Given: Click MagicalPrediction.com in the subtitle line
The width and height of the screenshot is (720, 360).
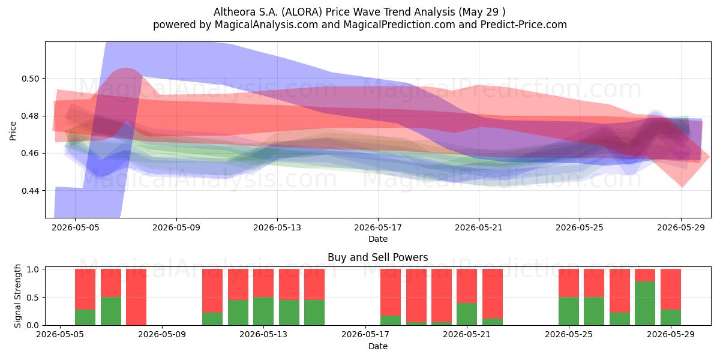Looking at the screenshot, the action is coord(399,25).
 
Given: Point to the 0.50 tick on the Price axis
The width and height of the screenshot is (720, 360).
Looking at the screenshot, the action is coord(30,79).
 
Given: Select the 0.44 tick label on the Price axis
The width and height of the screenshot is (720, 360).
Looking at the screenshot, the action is coord(30,191).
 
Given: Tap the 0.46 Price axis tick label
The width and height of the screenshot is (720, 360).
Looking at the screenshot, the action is coord(30,154).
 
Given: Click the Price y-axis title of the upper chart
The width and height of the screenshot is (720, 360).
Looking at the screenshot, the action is coord(13,131).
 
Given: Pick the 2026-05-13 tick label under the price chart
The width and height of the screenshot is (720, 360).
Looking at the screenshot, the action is coord(277,227).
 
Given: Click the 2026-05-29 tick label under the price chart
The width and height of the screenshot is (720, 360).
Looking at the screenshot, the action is coord(681,227).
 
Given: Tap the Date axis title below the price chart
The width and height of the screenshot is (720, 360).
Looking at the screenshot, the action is coord(378,239).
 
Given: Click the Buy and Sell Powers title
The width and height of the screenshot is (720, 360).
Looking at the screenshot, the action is coord(377,257).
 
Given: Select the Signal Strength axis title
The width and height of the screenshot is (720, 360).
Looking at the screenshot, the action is coord(17,296).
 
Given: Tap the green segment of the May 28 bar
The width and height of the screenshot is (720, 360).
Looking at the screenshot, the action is coord(645,304).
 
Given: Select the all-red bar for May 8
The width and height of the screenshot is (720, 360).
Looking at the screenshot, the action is coord(136,297).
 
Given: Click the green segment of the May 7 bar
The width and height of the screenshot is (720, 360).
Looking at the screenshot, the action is coord(111,311).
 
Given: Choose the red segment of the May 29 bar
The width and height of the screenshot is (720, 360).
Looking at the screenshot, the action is coord(671,289).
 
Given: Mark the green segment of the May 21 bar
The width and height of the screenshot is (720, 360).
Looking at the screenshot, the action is coord(467,314).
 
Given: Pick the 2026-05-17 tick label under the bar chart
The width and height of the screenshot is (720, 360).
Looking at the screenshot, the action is coord(365,335).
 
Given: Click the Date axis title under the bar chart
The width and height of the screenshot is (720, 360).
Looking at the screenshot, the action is coord(378,346).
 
